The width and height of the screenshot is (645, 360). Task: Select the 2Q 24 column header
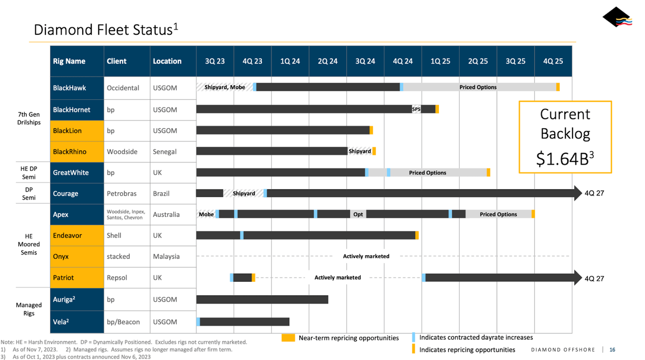[x=328, y=61]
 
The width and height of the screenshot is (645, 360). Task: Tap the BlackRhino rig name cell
[x=70, y=151]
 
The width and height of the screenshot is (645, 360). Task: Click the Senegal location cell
[x=164, y=151]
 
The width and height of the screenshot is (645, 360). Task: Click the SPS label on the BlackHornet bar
[x=416, y=109]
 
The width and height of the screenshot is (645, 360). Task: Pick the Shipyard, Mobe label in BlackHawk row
[x=225, y=87]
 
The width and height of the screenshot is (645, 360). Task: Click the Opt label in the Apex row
[x=358, y=214]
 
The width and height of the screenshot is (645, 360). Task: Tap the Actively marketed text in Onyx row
[x=366, y=256]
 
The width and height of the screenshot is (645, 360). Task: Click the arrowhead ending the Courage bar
[x=577, y=193]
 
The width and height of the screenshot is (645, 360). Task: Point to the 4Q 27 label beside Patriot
[x=594, y=278]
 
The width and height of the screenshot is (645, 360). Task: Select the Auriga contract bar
[x=262, y=299]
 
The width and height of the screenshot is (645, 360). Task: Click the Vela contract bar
[x=244, y=322]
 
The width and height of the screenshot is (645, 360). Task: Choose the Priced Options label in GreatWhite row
[x=427, y=172]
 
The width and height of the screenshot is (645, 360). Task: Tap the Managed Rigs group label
[x=29, y=309]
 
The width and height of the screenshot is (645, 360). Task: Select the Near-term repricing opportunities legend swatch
[x=288, y=338]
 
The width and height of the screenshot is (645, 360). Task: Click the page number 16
[x=612, y=349]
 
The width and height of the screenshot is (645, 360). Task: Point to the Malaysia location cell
[x=166, y=256]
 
